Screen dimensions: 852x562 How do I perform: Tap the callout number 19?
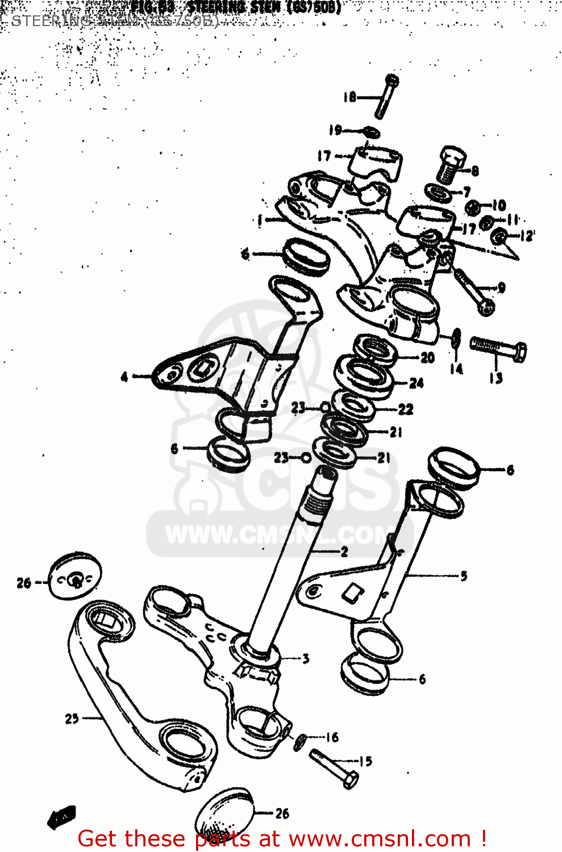pos(335,130)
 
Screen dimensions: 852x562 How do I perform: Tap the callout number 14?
pos(456,369)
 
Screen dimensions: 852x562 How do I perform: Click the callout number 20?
pos(427,357)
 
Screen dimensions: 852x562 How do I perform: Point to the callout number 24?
pos(417,383)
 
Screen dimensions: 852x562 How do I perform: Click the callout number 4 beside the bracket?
pos(124,377)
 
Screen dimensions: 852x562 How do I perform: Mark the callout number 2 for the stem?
pos(344,551)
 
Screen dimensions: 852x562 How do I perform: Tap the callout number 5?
pos(464,576)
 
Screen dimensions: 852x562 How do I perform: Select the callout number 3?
pos(306,659)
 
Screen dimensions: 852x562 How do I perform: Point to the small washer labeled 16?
pos(301,741)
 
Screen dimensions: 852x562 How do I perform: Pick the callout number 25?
pos(72,719)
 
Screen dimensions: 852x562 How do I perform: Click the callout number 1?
pos(259,220)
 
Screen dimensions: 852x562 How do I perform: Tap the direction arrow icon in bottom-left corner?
pos(61,817)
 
